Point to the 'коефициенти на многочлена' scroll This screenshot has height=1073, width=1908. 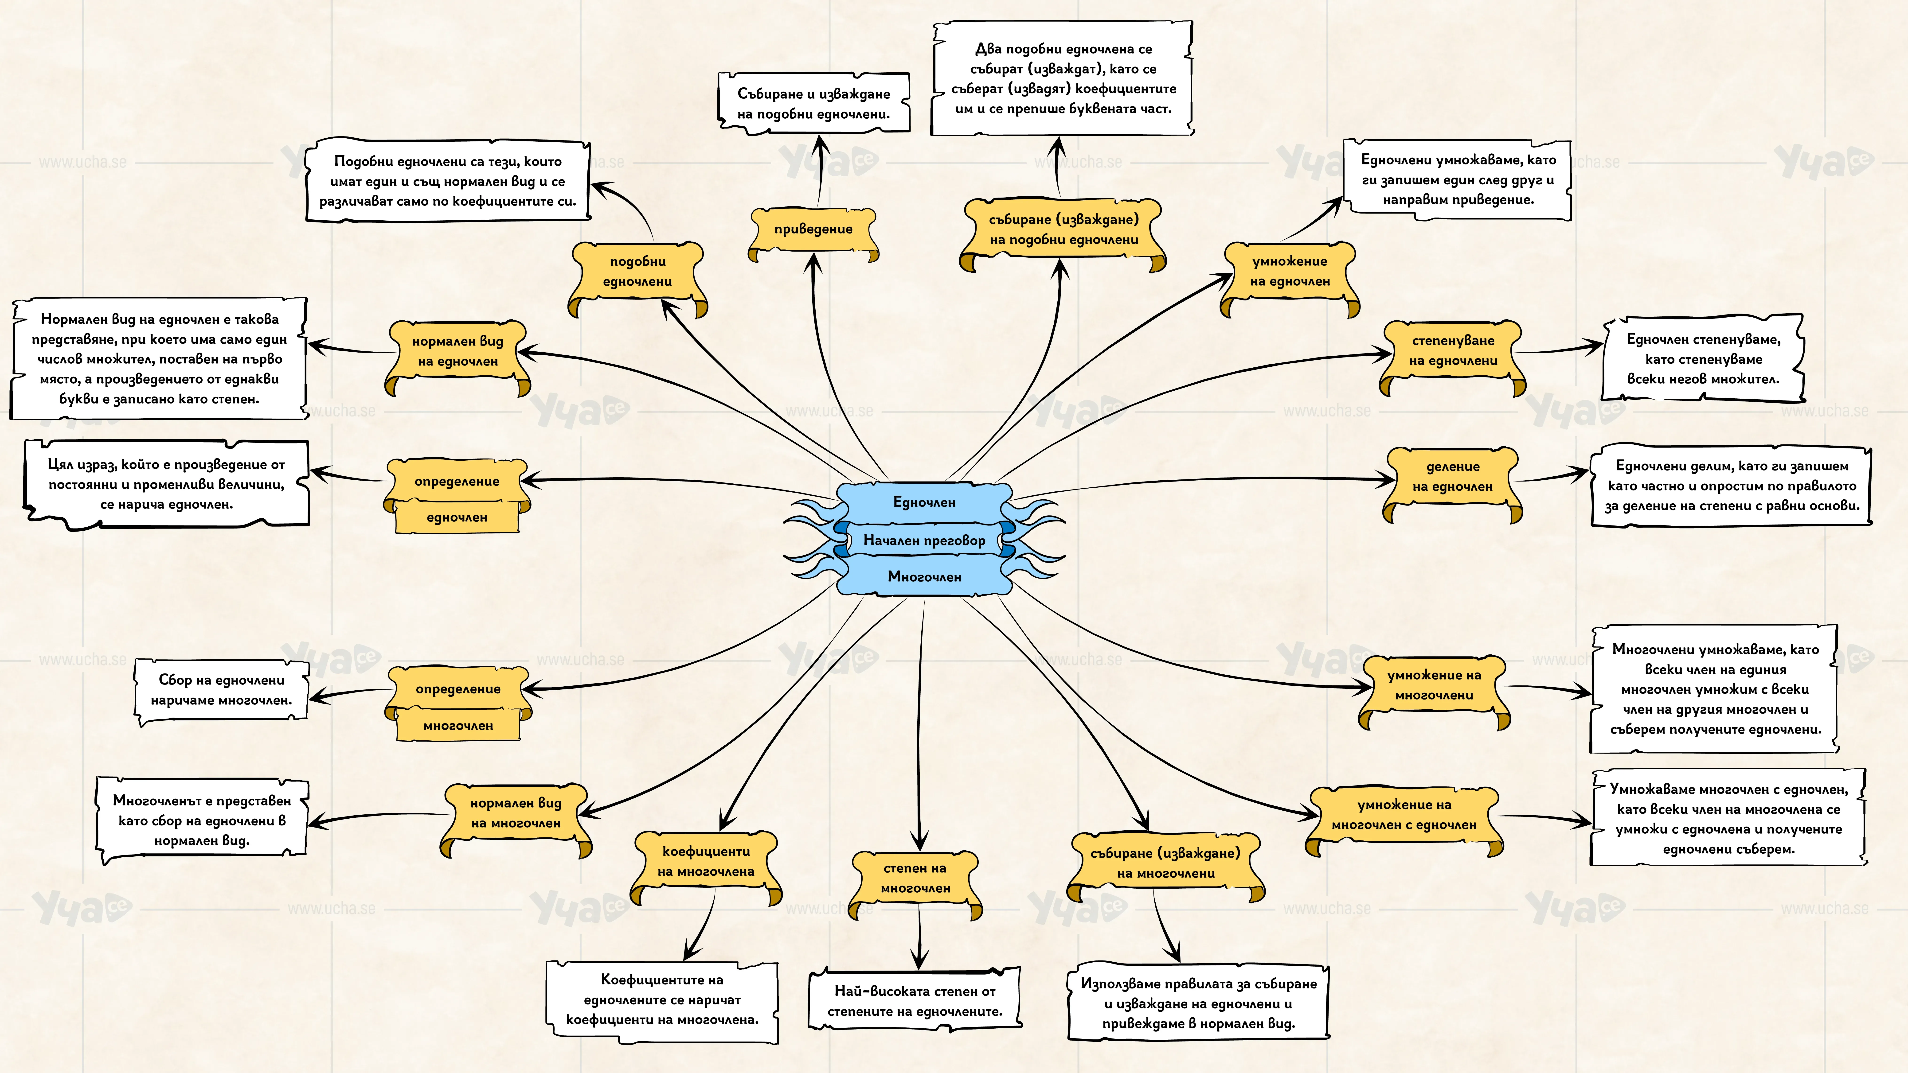pyautogui.click(x=706, y=866)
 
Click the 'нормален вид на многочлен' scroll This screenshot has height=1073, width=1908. pyautogui.click(x=516, y=818)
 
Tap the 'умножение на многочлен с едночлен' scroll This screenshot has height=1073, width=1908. pyautogui.click(x=1404, y=820)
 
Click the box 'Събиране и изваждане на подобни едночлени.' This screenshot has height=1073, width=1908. pyautogui.click(x=813, y=104)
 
